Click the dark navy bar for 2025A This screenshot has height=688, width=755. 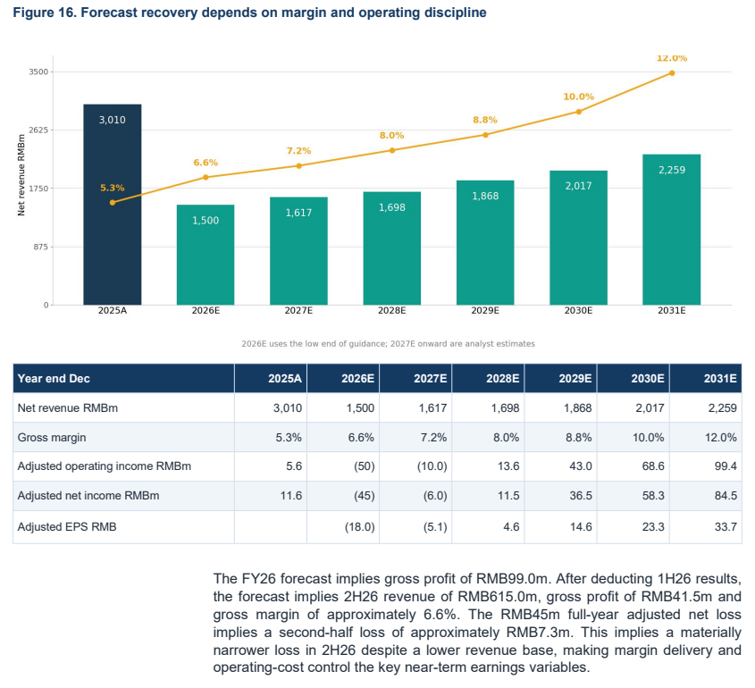(x=113, y=205)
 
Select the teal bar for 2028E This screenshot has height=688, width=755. (x=392, y=248)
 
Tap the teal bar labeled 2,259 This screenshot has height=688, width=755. (x=672, y=230)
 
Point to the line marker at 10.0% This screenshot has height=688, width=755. (x=579, y=112)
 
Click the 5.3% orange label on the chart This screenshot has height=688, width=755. (x=113, y=188)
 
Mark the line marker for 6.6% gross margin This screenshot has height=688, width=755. (x=206, y=177)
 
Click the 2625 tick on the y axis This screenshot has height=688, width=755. (x=38, y=130)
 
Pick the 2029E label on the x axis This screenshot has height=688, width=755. (x=485, y=311)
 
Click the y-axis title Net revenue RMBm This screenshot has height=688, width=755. (x=21, y=175)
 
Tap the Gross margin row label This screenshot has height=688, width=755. (x=52, y=438)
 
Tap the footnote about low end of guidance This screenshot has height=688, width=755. (x=388, y=344)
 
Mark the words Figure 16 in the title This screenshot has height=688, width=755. (x=44, y=13)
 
